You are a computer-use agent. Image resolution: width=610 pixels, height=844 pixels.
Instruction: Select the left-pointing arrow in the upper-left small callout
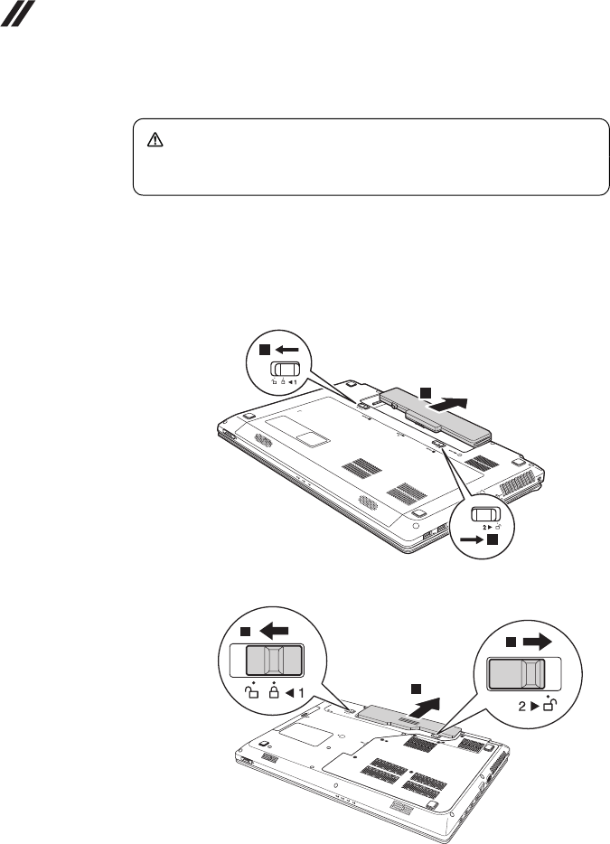288,349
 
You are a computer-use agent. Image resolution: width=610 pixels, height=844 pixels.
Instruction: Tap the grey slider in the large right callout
516,673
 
